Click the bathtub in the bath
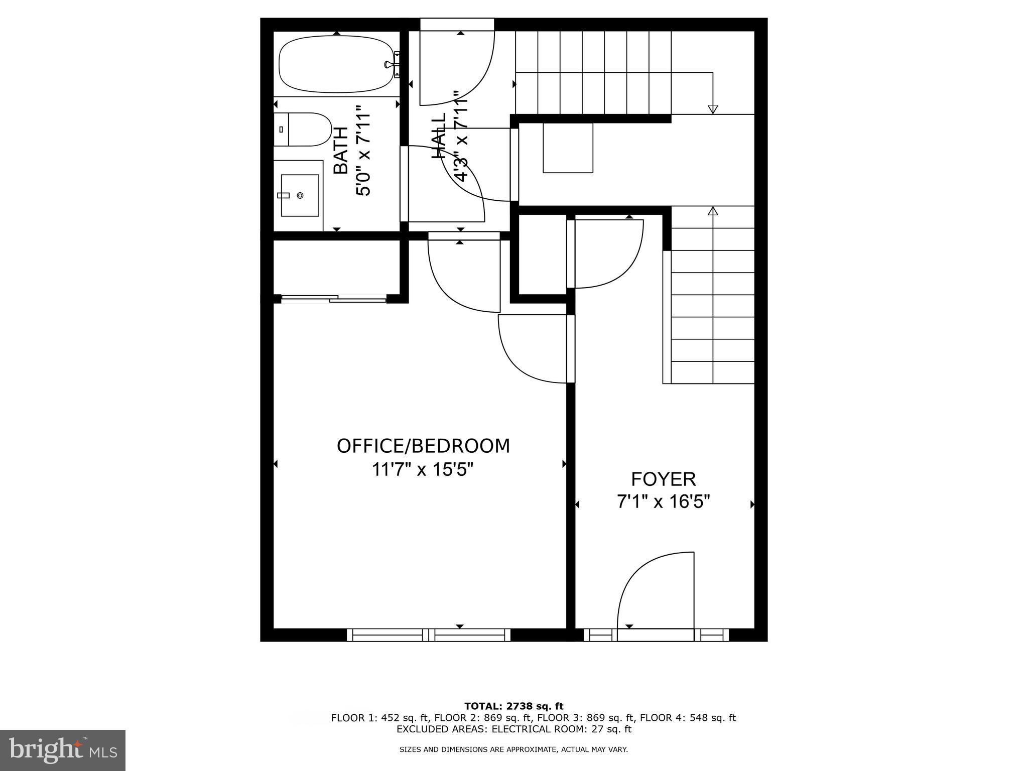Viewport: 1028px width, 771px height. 335,64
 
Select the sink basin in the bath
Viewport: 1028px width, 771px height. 300,195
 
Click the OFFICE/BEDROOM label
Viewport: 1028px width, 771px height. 423,446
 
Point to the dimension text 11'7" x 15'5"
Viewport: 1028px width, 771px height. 423,470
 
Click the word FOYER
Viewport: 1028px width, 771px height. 663,479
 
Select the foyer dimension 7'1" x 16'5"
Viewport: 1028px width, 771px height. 663,501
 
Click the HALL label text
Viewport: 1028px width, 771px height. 439,136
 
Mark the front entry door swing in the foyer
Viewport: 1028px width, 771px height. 653,592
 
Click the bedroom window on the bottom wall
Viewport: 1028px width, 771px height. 429,635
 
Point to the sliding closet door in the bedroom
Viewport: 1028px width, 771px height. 333,299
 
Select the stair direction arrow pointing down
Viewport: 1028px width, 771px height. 712,108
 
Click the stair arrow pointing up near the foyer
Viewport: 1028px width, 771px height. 712,211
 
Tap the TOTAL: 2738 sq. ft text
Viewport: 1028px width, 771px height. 514,706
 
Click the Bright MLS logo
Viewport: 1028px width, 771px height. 63,750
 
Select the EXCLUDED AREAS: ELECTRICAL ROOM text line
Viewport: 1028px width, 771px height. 514,729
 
